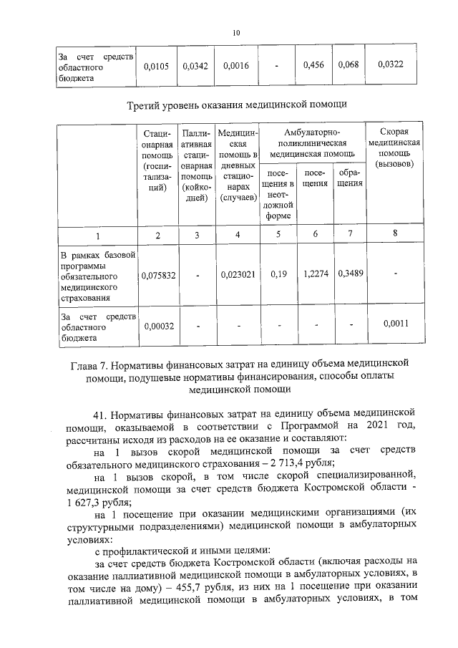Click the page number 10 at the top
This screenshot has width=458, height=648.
(236, 32)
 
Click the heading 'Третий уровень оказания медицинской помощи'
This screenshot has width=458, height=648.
(236, 106)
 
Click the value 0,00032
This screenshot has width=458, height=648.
(155, 324)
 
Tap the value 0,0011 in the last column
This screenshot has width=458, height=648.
(396, 324)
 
